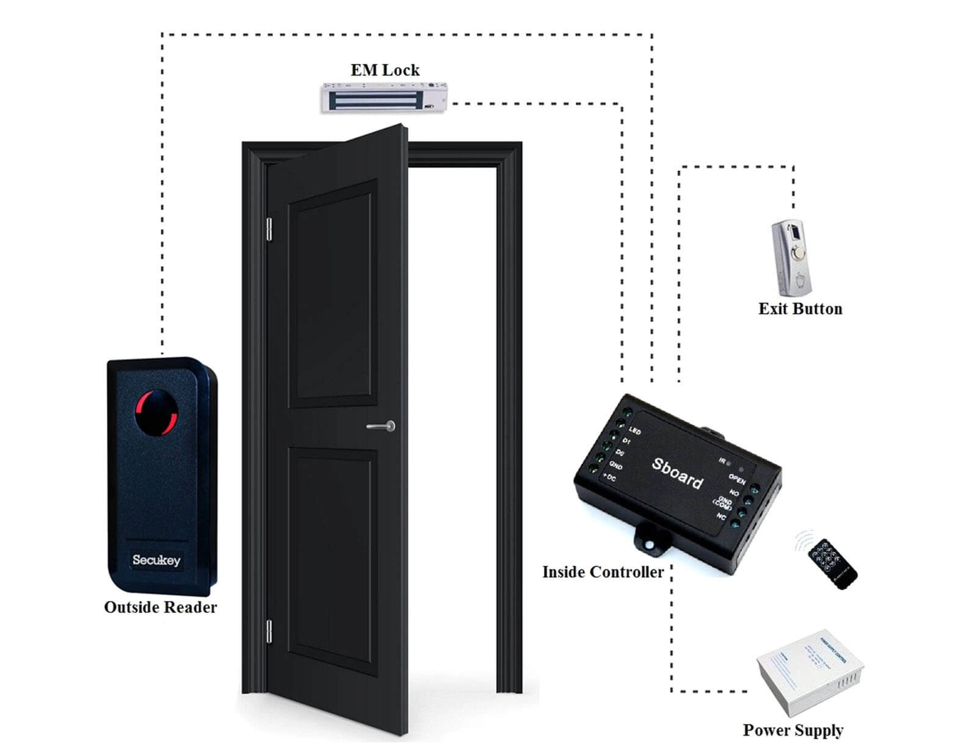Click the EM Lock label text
click(x=385, y=70)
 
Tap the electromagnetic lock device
click(x=384, y=98)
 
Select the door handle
click(x=382, y=426)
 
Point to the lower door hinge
click(x=269, y=631)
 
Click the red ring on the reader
click(x=156, y=412)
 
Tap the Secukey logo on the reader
click(x=156, y=560)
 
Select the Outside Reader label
click(x=161, y=607)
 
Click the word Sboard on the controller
click(x=677, y=473)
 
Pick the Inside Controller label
click(x=603, y=572)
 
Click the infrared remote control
click(x=832, y=563)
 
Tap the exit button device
click(x=792, y=258)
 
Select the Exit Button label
click(x=800, y=309)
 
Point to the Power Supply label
click(x=793, y=730)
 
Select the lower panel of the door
click(x=333, y=559)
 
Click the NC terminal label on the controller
click(x=721, y=516)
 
